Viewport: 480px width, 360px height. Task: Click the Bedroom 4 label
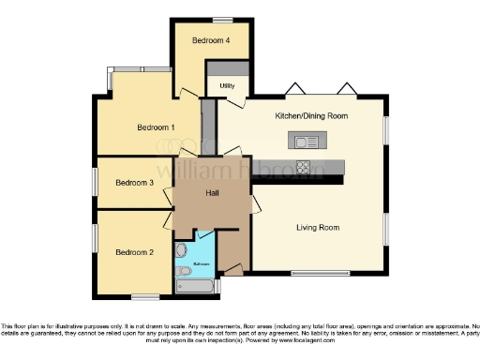click(x=210, y=41)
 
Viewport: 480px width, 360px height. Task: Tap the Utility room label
click(x=227, y=85)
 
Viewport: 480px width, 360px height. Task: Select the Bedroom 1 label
click(x=157, y=127)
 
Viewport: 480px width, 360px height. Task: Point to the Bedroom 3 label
click(x=134, y=183)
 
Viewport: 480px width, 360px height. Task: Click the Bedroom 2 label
click(x=134, y=252)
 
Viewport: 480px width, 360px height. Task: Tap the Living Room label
click(x=318, y=228)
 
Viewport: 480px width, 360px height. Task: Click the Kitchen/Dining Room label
click(x=311, y=116)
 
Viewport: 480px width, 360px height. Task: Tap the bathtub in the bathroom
click(x=195, y=286)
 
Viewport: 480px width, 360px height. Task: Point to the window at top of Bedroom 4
click(x=222, y=20)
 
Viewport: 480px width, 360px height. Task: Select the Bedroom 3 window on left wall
click(x=94, y=180)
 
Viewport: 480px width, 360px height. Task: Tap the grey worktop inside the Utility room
click(x=227, y=68)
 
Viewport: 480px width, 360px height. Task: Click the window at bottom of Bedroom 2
click(x=144, y=297)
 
